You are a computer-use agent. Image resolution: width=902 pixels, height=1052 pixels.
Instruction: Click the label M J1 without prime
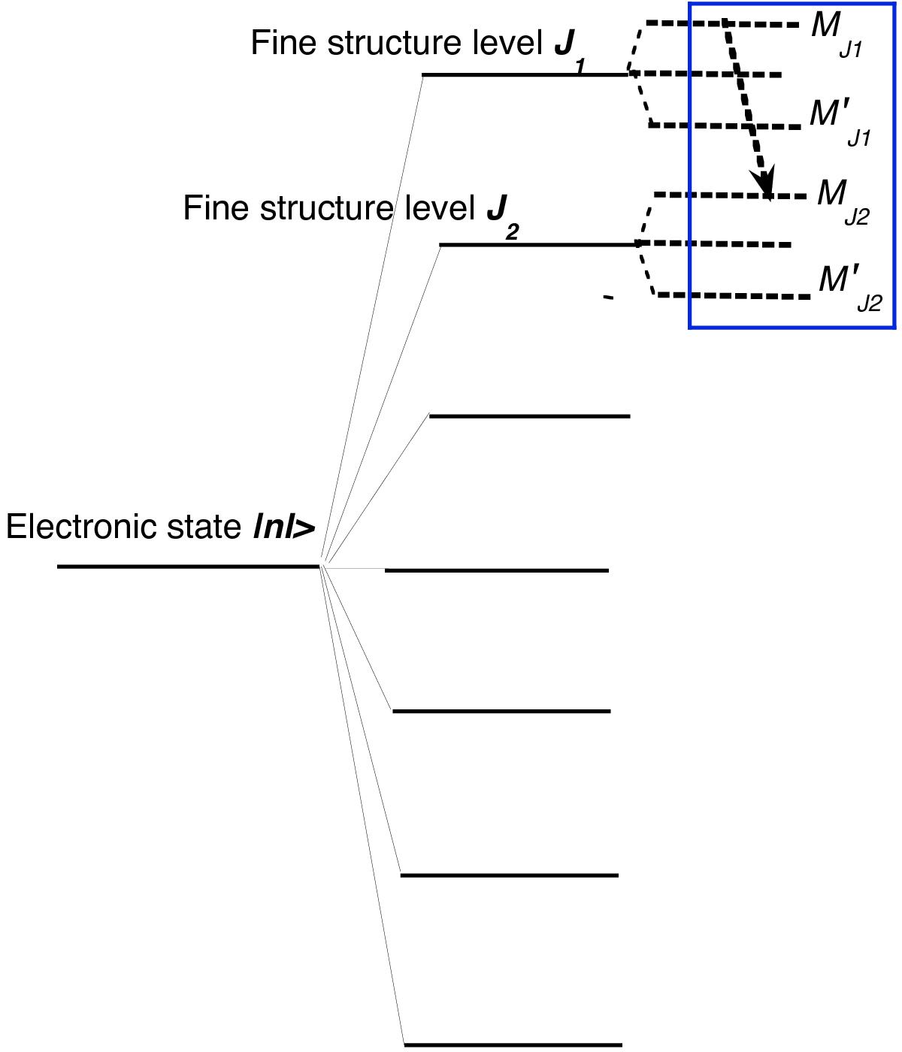(834, 33)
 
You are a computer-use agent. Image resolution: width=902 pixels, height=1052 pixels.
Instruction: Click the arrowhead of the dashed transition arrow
(765, 183)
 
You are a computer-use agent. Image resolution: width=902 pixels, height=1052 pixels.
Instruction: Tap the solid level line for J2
(538, 244)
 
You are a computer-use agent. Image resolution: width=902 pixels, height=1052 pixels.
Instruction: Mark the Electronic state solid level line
(188, 566)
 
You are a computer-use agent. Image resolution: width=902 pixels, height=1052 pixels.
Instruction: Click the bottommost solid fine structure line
(513, 1044)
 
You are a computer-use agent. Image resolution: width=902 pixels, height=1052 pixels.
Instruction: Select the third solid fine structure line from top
(529, 416)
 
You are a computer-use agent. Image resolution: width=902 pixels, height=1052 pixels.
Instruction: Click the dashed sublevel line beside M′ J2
(734, 296)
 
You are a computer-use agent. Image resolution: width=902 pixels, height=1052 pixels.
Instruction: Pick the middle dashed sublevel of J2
(714, 244)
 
